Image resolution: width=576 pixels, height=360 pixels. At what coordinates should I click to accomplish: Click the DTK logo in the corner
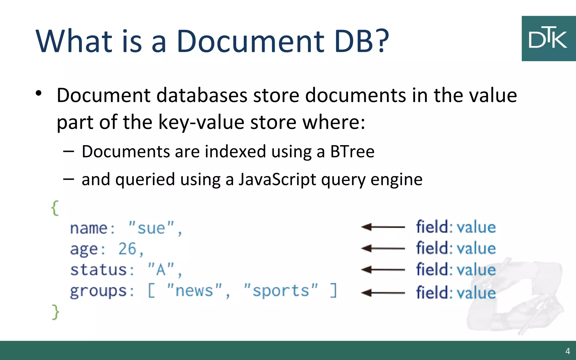(x=548, y=39)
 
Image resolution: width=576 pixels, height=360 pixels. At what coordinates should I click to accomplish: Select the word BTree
(x=352, y=152)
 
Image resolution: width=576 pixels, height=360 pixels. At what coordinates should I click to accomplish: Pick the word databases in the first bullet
(x=202, y=95)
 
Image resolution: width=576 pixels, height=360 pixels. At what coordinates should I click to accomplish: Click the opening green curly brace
(x=55, y=208)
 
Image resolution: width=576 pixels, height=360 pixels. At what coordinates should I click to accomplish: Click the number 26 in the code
(x=127, y=249)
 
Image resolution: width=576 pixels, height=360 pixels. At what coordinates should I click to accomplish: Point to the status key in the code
(x=99, y=270)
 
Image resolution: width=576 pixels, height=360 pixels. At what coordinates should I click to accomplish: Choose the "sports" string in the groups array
(x=281, y=291)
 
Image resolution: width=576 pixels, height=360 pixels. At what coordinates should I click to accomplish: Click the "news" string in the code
(x=194, y=291)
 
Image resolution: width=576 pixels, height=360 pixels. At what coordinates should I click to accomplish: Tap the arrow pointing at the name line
(x=383, y=227)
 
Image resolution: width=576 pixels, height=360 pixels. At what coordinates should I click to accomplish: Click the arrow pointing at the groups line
(x=383, y=293)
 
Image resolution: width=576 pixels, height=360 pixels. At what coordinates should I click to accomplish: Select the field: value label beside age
(x=456, y=248)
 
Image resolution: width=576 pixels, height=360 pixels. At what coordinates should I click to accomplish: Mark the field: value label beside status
(x=456, y=270)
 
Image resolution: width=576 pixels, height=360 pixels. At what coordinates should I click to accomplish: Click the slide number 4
(x=568, y=351)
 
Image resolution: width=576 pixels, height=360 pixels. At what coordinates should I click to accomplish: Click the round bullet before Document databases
(x=39, y=93)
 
